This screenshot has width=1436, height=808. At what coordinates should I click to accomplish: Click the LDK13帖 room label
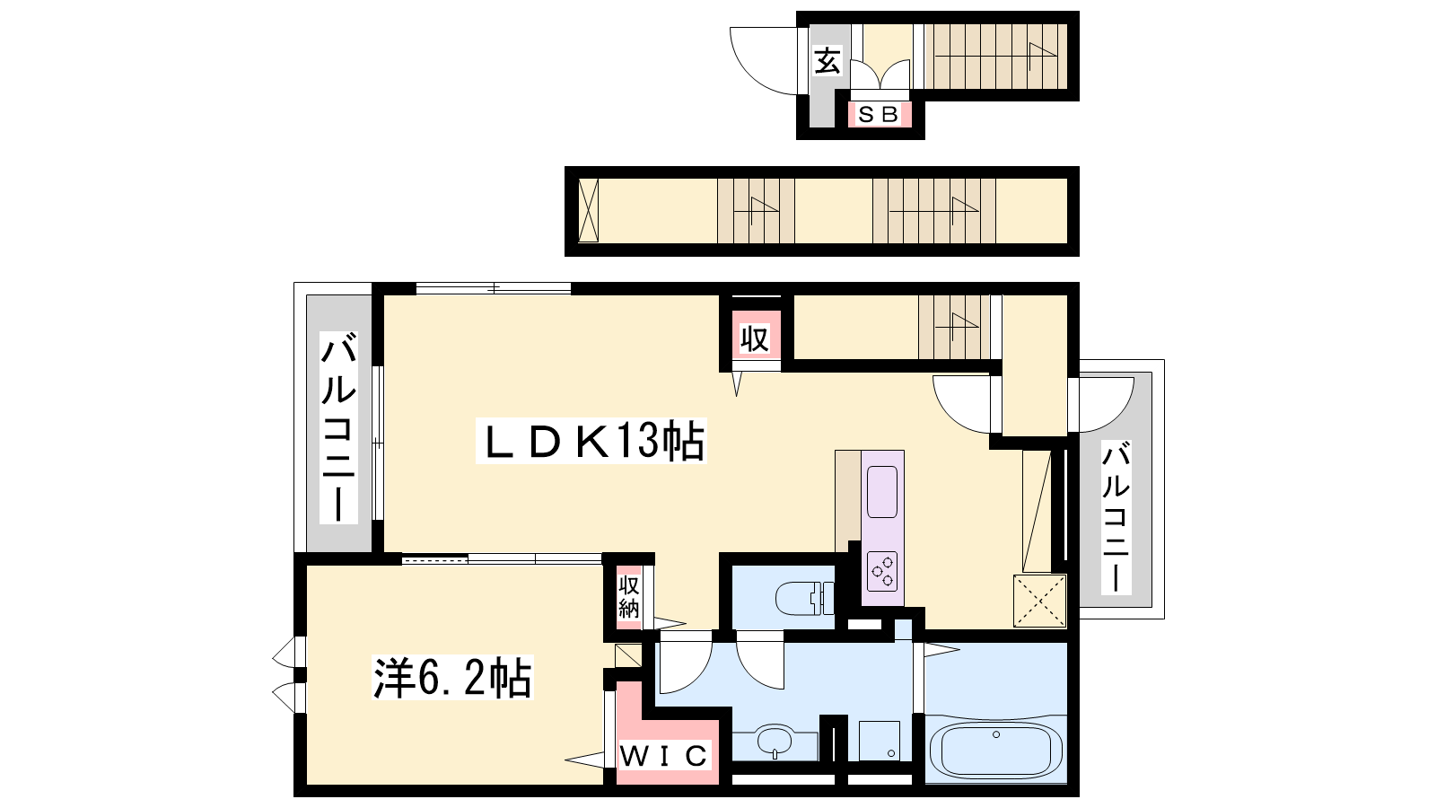[591, 441]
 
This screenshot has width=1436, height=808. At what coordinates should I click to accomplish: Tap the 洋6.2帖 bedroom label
[452, 677]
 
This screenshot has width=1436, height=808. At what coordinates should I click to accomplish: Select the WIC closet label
[664, 756]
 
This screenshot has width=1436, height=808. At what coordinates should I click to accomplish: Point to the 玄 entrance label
[827, 62]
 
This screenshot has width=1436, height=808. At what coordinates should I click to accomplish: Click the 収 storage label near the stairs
[755, 338]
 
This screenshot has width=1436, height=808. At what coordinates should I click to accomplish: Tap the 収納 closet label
[629, 596]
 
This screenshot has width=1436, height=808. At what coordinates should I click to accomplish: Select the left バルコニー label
[338, 427]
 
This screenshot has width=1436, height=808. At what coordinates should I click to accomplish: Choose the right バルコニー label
[1116, 517]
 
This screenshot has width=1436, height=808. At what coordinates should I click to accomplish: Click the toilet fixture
[805, 598]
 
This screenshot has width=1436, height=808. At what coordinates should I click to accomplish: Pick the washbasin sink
[775, 742]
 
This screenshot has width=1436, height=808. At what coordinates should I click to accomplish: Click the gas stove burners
[882, 571]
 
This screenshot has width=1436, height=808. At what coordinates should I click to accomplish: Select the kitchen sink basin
[882, 492]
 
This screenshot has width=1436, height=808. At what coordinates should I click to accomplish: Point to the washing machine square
[880, 741]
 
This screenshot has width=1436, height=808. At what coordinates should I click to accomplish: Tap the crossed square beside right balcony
[1039, 601]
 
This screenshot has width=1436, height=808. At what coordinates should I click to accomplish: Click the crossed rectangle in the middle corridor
[588, 211]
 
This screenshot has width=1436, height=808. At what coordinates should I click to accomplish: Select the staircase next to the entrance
[995, 57]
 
